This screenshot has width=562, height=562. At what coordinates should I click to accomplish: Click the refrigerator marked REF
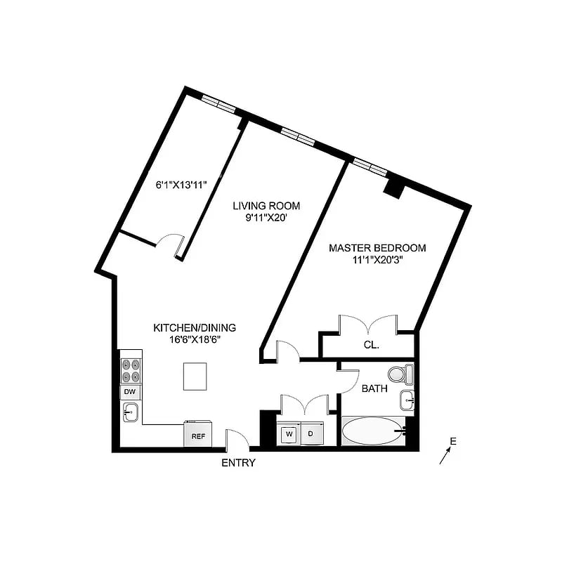[x=198, y=433]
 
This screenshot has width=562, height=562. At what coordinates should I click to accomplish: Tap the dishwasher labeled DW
[x=130, y=392]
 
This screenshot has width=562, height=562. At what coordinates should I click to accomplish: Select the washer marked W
[x=289, y=433]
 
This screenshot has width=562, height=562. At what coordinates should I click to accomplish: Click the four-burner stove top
[x=131, y=371]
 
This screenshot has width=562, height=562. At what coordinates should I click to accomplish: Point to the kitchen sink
[x=131, y=412]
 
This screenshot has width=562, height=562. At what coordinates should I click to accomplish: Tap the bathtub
[x=374, y=431]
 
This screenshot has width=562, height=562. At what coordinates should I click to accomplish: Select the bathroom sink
[x=407, y=400]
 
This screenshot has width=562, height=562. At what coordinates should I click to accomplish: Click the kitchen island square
[x=195, y=377]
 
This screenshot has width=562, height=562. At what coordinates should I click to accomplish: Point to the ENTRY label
[x=238, y=463]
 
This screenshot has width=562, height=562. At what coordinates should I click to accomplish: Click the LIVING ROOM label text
[x=266, y=206]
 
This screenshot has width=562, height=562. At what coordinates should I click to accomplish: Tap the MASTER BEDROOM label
[x=377, y=248]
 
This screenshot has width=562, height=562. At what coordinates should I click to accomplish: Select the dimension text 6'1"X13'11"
[x=181, y=185]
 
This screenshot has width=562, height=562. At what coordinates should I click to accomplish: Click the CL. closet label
[x=372, y=345]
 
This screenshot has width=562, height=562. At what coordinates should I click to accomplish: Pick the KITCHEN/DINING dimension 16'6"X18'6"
[x=195, y=339]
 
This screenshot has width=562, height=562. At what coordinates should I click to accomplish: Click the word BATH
[x=374, y=388]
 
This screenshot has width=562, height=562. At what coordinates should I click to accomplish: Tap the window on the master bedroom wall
[x=370, y=166]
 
